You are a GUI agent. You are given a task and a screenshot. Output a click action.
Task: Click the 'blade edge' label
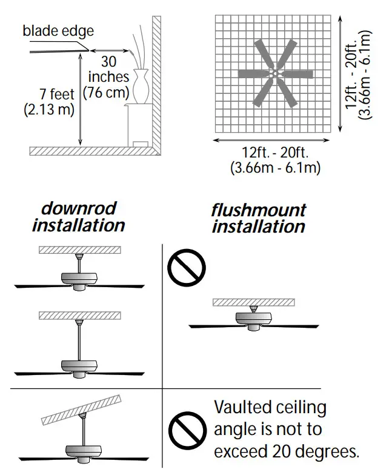tap(58, 30)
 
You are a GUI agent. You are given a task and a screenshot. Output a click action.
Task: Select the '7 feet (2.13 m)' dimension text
tap(49, 102)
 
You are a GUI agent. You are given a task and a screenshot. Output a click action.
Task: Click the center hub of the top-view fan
tap(274, 74)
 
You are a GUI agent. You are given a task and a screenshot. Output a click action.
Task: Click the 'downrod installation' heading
tap(78, 217)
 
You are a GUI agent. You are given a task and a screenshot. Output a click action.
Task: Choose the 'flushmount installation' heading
tap(258, 219)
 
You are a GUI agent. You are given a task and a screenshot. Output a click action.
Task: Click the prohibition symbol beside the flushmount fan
tap(187, 268)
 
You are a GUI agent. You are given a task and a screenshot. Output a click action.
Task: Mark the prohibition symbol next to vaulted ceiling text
tap(187, 431)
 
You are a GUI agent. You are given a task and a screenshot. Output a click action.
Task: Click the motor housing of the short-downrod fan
tap(79, 277)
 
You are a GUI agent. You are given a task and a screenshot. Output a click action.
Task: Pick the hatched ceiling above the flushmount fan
tap(253, 302)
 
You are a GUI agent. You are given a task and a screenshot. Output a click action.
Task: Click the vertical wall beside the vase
tap(156, 79)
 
